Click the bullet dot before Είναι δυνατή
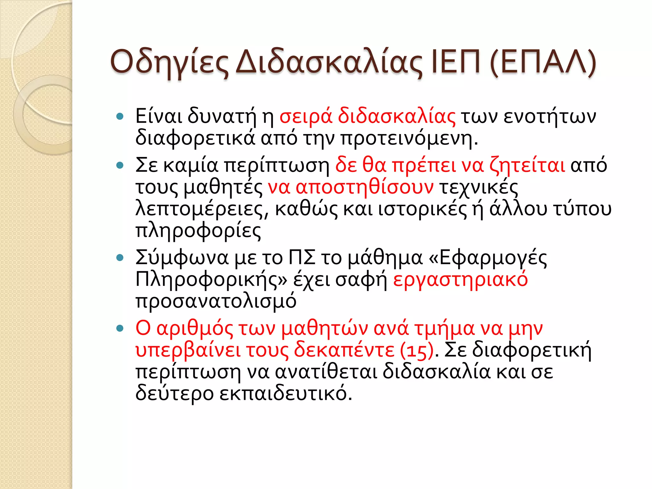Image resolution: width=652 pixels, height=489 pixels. pyautogui.click(x=120, y=117)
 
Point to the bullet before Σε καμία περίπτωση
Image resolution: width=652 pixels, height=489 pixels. pyautogui.click(x=120, y=165)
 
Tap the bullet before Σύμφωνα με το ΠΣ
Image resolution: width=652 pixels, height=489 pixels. pyautogui.click(x=120, y=258)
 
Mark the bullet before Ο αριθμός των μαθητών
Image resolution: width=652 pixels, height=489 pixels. pyautogui.click(x=120, y=328)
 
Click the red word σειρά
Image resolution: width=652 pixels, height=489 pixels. pyautogui.click(x=306, y=117)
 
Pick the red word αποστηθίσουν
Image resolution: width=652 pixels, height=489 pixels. pyautogui.click(x=364, y=187)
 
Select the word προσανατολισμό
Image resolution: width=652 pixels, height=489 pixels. pyautogui.click(x=216, y=301)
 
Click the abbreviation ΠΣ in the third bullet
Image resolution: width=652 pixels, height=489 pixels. pyautogui.click(x=302, y=258)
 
